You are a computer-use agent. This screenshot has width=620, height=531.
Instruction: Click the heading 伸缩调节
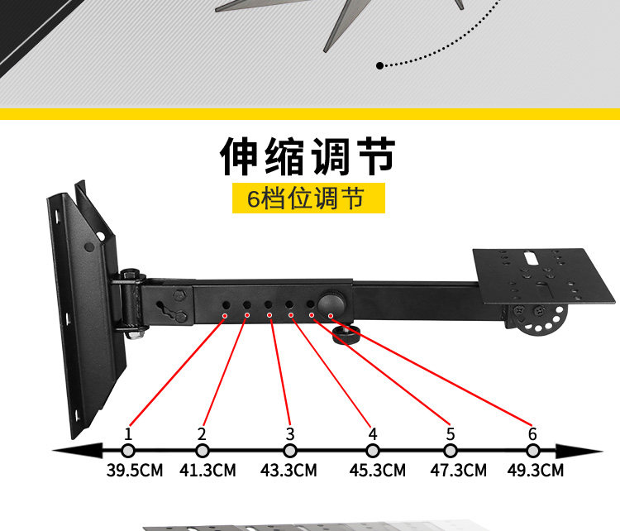pos(308,156)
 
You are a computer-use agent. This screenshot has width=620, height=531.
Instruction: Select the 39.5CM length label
pos(135,471)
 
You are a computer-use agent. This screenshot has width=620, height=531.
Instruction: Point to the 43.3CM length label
pos(289,471)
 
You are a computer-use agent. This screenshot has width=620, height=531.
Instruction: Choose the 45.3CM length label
pos(376,471)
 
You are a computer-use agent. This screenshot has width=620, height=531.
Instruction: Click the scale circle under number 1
pos(127,451)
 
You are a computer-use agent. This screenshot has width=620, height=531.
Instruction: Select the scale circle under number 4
pos(373,451)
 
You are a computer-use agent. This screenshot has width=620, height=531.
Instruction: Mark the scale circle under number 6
pos(532,451)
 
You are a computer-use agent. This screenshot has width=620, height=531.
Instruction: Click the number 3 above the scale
pos(289,433)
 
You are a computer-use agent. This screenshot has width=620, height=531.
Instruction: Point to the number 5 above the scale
pos(451,433)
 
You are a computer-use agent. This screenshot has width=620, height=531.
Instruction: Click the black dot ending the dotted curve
pos(379,65)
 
